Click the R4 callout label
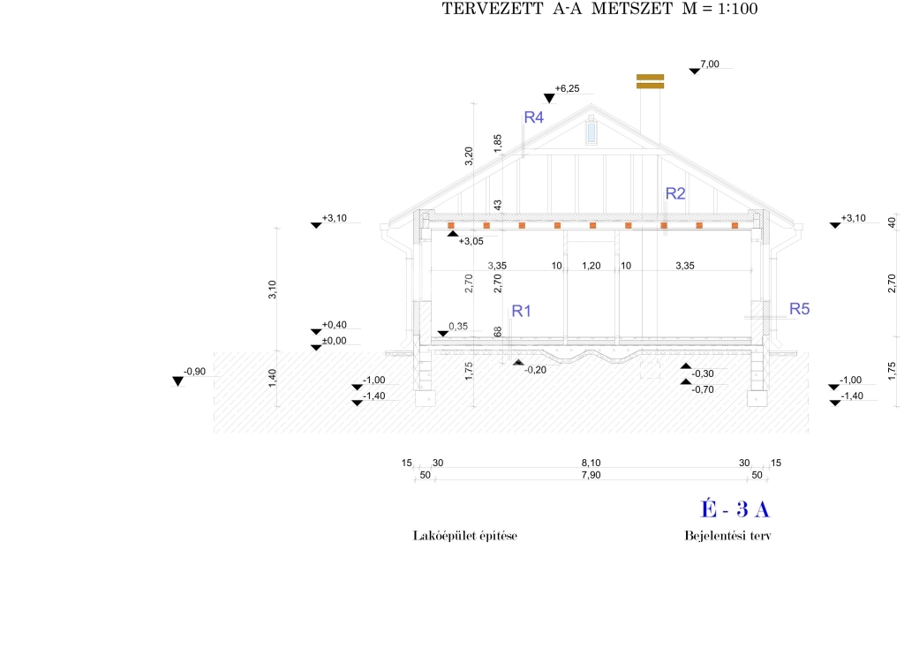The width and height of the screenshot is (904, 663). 533,117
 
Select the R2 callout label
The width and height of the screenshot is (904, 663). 675,193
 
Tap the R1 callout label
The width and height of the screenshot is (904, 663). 521,312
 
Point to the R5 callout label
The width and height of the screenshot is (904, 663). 800,309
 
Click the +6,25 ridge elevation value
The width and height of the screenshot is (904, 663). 567,89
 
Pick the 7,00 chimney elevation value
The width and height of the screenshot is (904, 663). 710,64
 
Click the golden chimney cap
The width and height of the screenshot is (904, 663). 651,81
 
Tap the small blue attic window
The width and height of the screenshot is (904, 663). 591,132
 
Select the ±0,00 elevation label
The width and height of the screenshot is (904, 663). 334,341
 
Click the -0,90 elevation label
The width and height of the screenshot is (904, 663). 194,372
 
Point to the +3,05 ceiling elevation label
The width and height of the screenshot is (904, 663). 471,242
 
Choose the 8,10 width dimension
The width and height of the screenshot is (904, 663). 591,463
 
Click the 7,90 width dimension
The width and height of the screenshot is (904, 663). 591,475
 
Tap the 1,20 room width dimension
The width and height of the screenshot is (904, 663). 591,266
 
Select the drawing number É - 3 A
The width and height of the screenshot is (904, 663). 735,509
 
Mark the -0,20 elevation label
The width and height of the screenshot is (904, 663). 536,370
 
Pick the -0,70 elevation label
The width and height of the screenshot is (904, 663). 703,389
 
